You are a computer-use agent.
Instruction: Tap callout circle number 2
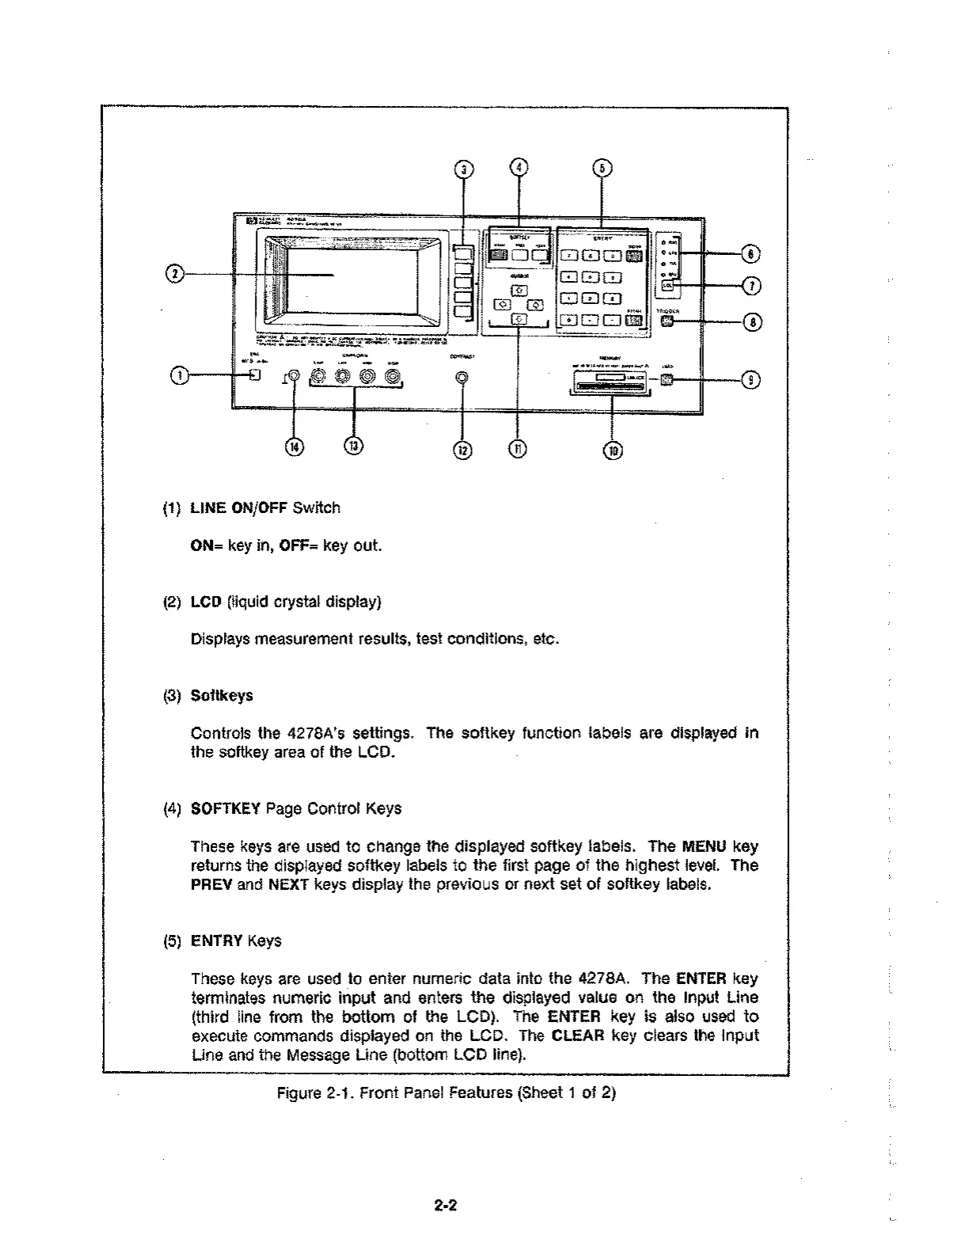point(175,274)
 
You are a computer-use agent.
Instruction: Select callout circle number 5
point(603,168)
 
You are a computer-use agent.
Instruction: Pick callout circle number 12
point(463,450)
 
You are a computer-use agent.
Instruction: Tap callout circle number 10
point(613,450)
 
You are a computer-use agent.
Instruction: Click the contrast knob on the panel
point(462,378)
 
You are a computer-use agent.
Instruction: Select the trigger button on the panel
point(667,321)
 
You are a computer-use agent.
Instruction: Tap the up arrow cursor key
point(518,291)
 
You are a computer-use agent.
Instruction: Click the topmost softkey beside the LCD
point(462,253)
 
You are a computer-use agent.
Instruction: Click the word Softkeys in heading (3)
point(222,695)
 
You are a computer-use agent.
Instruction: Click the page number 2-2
point(446,1206)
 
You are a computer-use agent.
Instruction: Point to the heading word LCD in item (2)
point(206,602)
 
